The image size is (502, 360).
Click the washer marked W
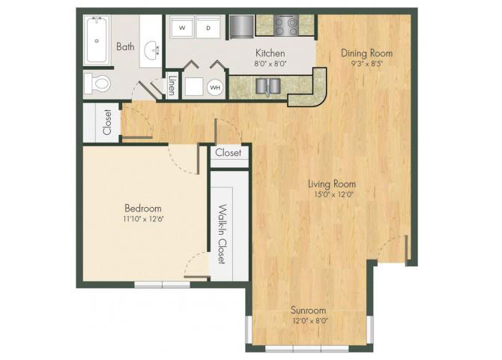pyautogui.click(x=182, y=27)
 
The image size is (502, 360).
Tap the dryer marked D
pyautogui.click(x=208, y=27)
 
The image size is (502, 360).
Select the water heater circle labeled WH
pyautogui.click(x=215, y=87)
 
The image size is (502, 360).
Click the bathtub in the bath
pyautogui.click(x=97, y=40)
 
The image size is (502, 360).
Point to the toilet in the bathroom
pyautogui.click(x=97, y=83)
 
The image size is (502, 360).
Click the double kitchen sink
pyautogui.click(x=268, y=86)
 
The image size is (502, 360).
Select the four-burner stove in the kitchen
pyautogui.click(x=286, y=25)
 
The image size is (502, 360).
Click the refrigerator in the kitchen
pyautogui.click(x=241, y=25)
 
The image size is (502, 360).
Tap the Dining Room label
pyautogui.click(x=366, y=53)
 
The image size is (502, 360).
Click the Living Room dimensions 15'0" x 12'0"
pyautogui.click(x=333, y=194)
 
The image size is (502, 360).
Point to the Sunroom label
pyautogui.click(x=308, y=310)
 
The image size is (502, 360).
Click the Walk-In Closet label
pyautogui.click(x=222, y=234)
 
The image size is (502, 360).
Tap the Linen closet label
pyautogui.click(x=172, y=85)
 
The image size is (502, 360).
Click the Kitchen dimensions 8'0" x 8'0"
pyautogui.click(x=270, y=64)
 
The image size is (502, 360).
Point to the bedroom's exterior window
pyautogui.click(x=162, y=285)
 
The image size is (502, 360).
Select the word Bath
pyautogui.click(x=125, y=46)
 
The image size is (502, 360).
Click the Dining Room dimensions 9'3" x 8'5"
pyautogui.click(x=367, y=63)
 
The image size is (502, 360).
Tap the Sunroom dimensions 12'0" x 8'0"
pyautogui.click(x=310, y=321)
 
